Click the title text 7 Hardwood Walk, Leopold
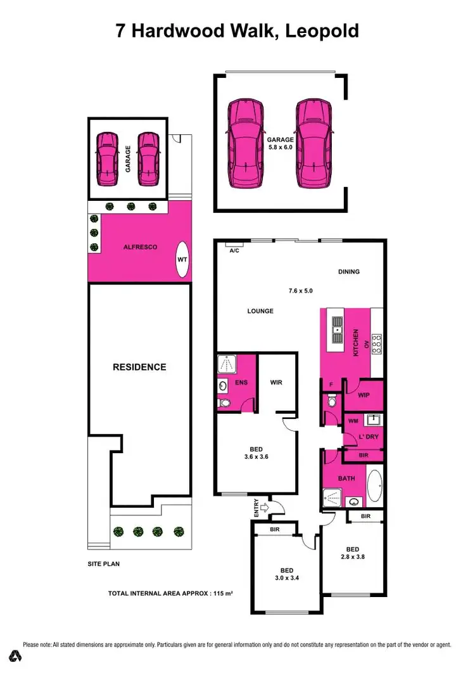pos(237,30)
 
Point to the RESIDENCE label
pos(139,367)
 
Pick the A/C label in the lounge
pos(234,250)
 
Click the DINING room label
pos(348,272)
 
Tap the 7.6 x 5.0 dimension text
pos(301,292)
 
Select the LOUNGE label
pos(260,311)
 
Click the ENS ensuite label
pos(241,383)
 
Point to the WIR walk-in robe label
pos(275,383)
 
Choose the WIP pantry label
pos(363,395)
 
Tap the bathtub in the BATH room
pos(375,487)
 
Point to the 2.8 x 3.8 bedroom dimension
pos(352,558)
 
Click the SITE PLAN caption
pos(104,563)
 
